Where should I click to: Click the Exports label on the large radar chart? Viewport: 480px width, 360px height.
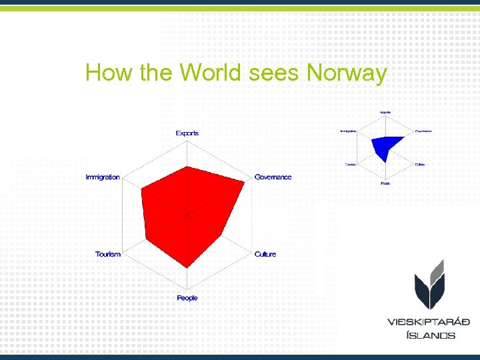[x=187, y=133]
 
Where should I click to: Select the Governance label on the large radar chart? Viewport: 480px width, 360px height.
[x=273, y=177]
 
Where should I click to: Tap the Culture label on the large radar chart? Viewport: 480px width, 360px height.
[x=265, y=254]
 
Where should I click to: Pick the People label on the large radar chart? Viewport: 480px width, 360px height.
[x=187, y=298]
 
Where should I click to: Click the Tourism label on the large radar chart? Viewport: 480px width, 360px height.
[x=108, y=254]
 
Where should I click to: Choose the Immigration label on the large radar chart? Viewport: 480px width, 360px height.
[x=103, y=177]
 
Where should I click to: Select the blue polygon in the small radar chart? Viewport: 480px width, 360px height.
[x=385, y=146]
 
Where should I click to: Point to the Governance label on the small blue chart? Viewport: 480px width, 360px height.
[x=423, y=131]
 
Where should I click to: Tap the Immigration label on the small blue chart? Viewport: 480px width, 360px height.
[x=347, y=131]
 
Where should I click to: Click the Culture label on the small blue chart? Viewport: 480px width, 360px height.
[x=419, y=164]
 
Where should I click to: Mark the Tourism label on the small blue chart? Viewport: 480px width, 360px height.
[x=350, y=164]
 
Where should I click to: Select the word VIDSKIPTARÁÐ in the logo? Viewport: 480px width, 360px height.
[x=429, y=322]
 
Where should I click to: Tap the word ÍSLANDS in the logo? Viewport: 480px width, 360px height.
[x=431, y=335]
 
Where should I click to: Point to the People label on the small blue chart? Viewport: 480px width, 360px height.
[x=385, y=183]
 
